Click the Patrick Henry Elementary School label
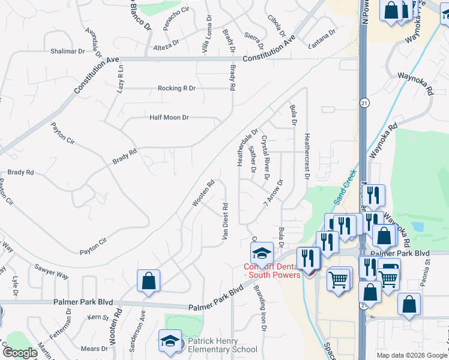click(222, 344)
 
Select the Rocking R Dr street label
click(176, 88)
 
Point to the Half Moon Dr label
click(169, 118)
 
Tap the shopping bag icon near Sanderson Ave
click(148, 281)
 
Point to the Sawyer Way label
click(52, 271)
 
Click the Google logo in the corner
click(20, 353)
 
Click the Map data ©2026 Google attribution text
click(411, 355)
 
